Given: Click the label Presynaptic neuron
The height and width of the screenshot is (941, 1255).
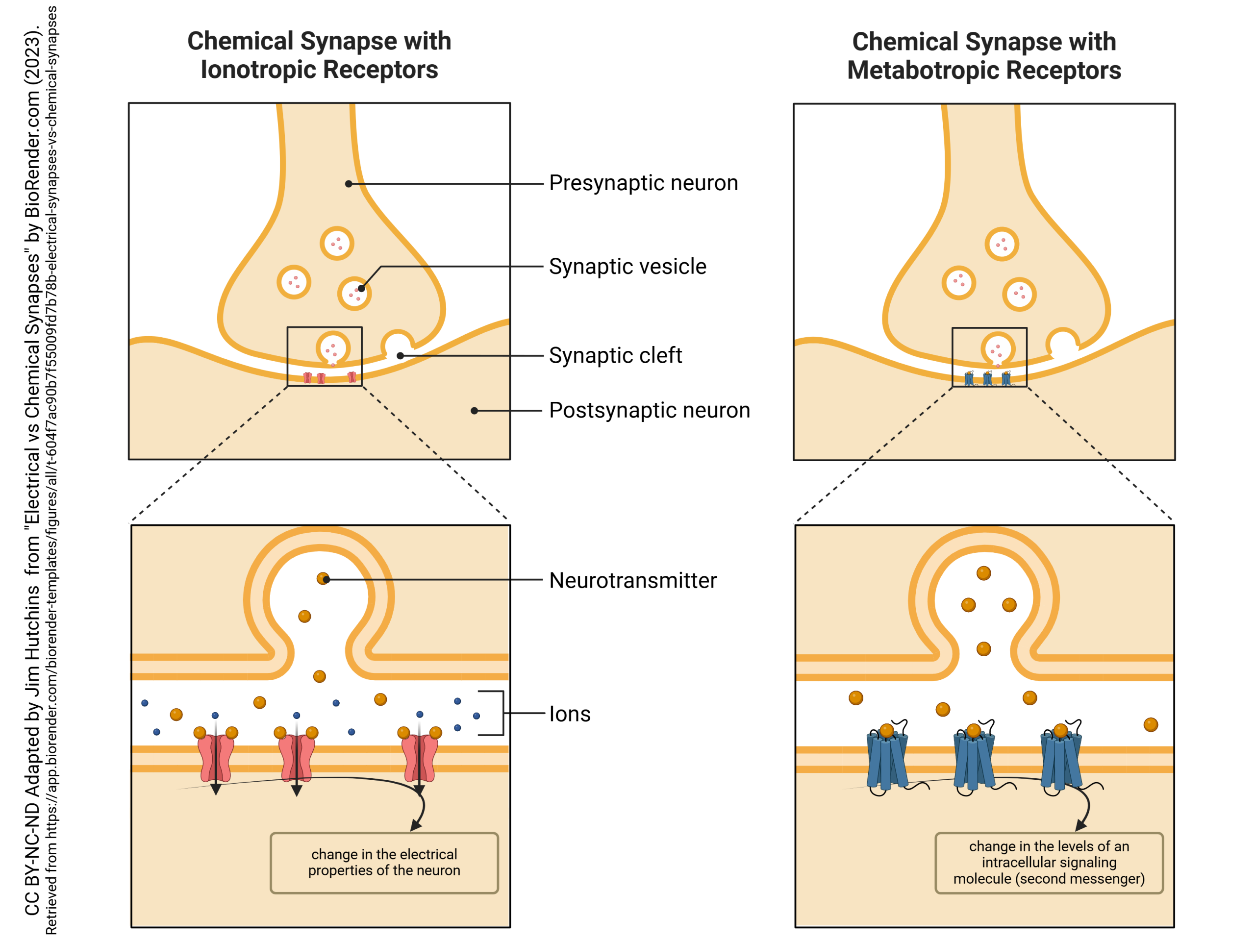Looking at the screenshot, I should click(643, 183).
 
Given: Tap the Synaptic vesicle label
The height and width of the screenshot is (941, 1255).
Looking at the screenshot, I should click(627, 267).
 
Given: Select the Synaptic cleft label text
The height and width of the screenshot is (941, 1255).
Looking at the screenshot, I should click(615, 356).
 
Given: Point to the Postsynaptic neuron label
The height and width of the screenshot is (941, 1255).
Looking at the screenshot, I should click(649, 410).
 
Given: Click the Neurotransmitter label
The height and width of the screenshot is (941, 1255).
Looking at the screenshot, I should click(632, 580).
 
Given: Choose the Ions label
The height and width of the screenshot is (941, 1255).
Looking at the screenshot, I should click(570, 714).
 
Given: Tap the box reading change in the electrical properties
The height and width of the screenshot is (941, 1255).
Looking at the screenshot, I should click(384, 862).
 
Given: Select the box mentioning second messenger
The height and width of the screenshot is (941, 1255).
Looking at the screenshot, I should click(1049, 862).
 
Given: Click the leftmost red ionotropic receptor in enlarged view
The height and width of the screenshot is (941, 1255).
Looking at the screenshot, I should click(215, 757).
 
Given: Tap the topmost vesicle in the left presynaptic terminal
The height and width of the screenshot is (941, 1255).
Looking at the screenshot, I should click(337, 243).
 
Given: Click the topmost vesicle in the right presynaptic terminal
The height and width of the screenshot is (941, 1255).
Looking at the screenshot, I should click(1002, 245).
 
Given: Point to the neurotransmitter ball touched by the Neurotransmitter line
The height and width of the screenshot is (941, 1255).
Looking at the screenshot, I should click(323, 578).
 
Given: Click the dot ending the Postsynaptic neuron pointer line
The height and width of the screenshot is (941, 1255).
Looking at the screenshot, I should click(475, 411).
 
